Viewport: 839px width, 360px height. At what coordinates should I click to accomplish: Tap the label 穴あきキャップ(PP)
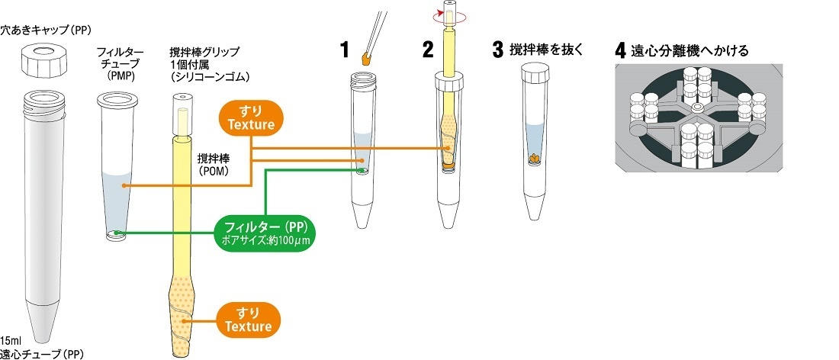coord(46,30)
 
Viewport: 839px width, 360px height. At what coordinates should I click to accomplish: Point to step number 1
coord(345,51)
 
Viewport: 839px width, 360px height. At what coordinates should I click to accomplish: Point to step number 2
coord(428,51)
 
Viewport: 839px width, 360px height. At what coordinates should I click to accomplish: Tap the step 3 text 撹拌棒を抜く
coord(545,50)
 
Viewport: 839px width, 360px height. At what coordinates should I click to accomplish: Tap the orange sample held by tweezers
coord(367,58)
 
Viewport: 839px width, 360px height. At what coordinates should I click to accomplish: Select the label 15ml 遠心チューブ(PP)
coord(41,347)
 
